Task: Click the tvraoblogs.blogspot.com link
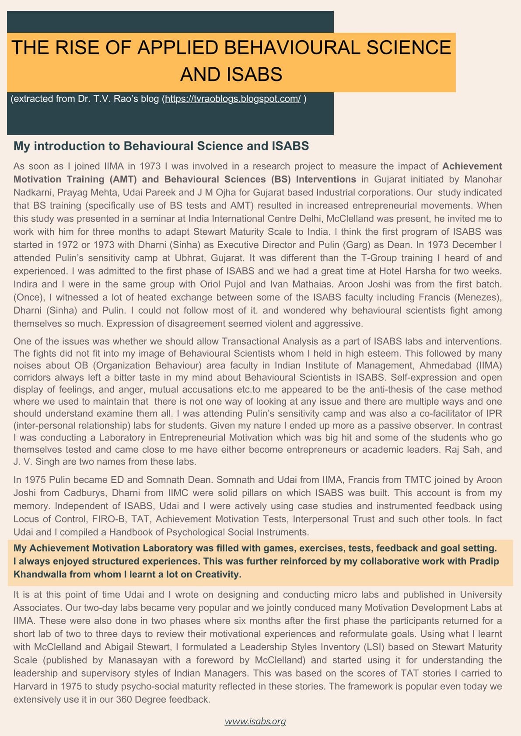tap(233, 99)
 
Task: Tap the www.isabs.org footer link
tap(255, 721)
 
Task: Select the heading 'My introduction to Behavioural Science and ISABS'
tap(161, 146)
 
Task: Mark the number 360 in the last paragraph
tap(124, 699)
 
